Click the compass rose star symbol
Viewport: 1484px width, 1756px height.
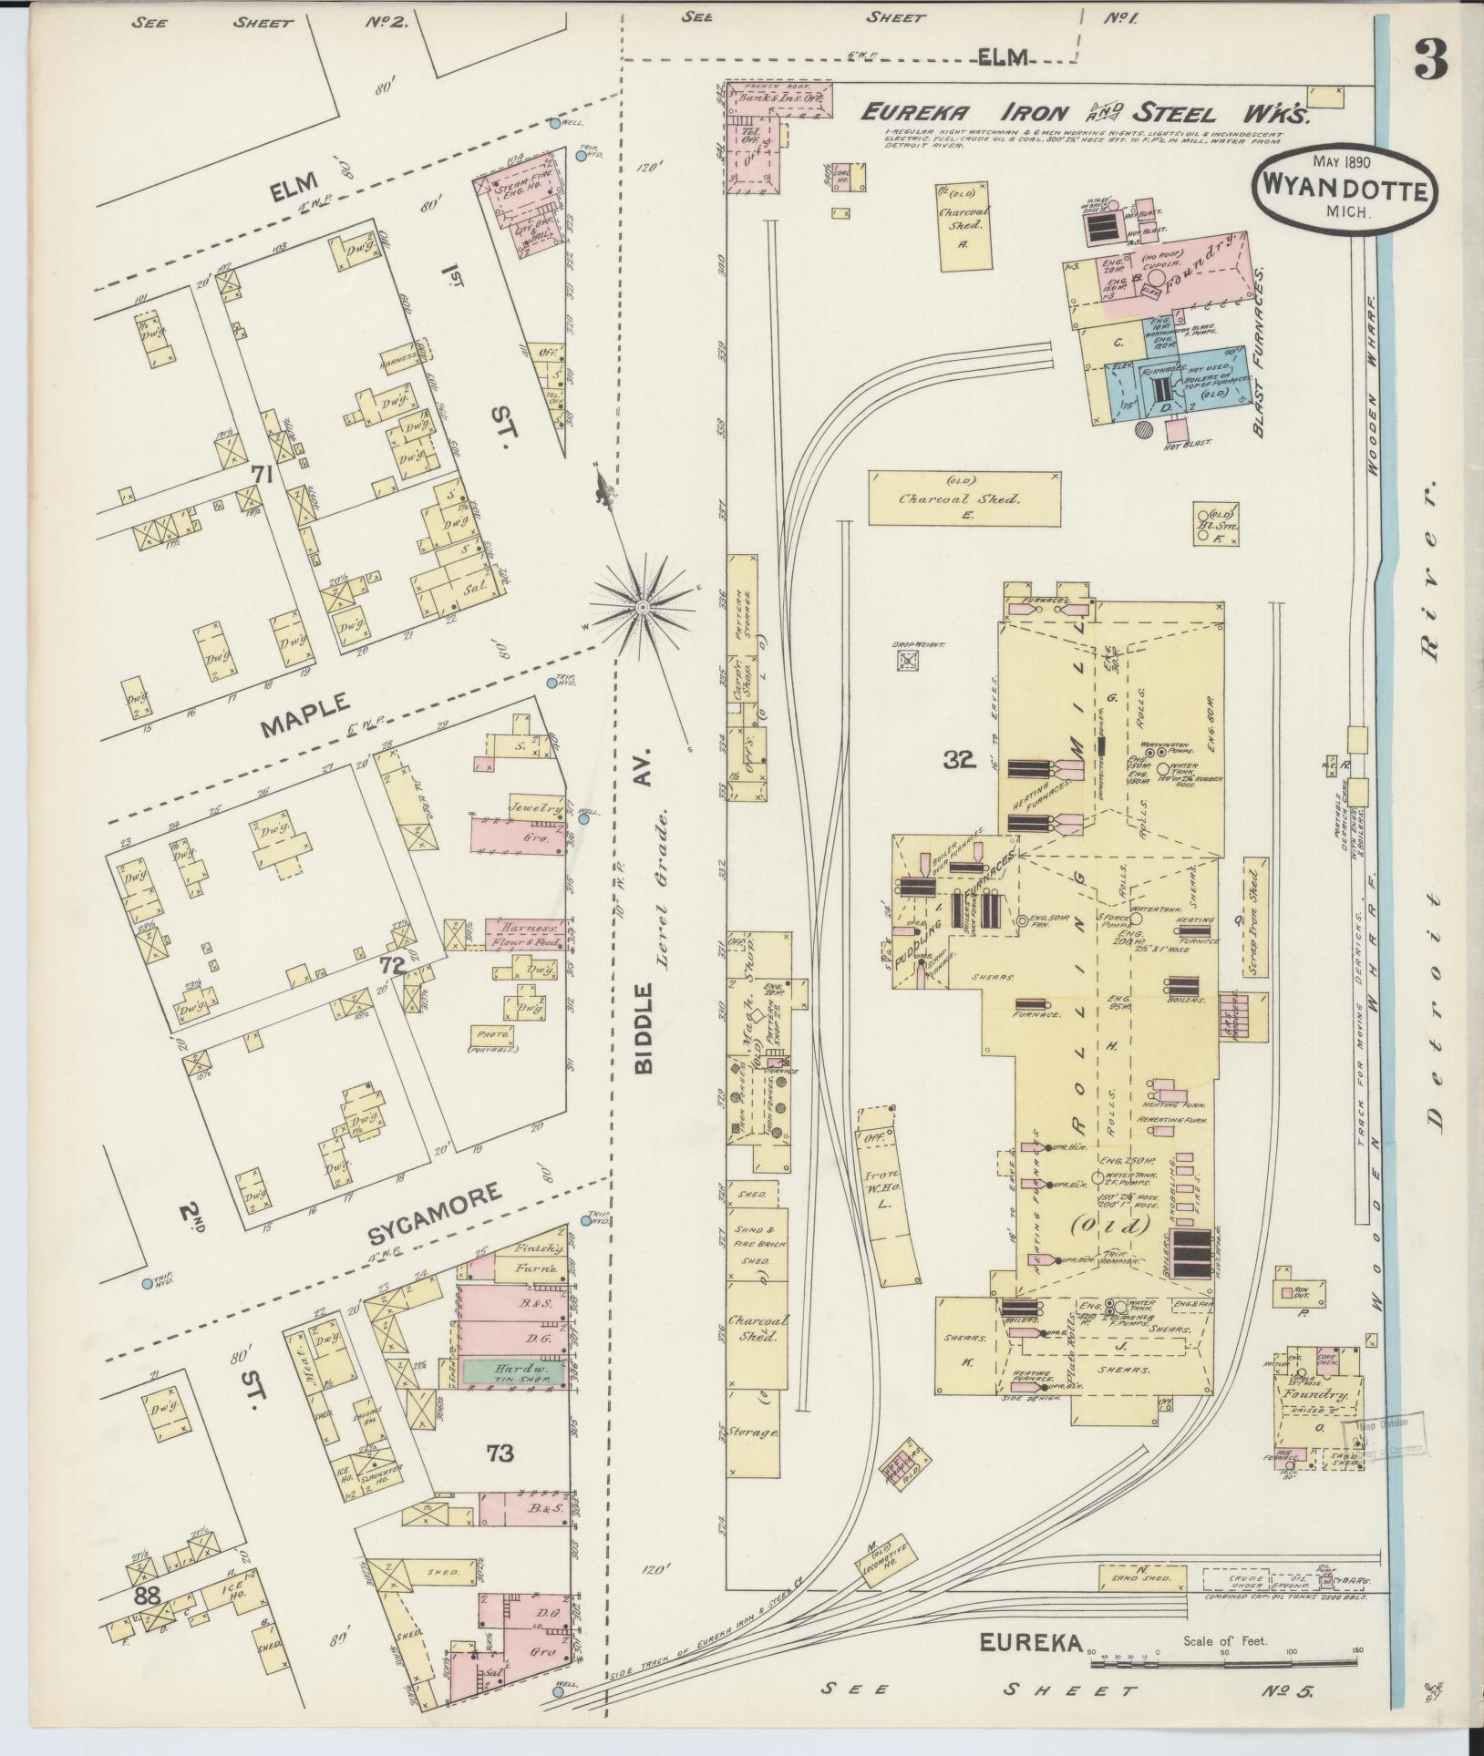[x=643, y=606]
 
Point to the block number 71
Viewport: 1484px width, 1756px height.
[x=263, y=473]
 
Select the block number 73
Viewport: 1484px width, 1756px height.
[x=500, y=1452]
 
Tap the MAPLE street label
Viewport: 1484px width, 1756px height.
[x=304, y=714]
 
